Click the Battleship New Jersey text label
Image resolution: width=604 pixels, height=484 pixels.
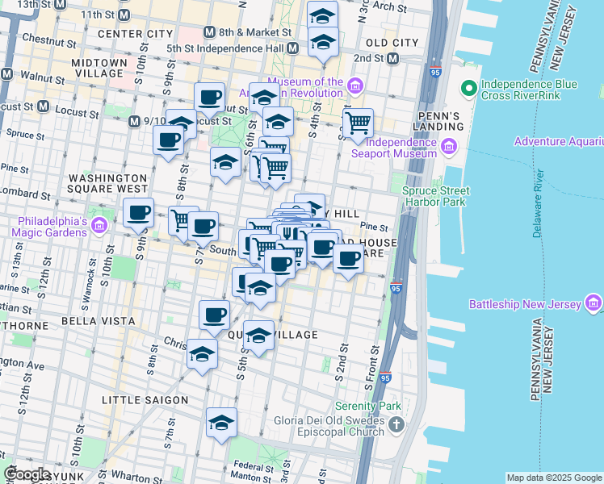pyautogui.click(x=525, y=304)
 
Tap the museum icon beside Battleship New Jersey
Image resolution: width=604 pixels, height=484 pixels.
pyautogui.click(x=594, y=303)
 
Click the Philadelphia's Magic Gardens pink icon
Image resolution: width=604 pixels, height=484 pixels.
pyautogui.click(x=99, y=223)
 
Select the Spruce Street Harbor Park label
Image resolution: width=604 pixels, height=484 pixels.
pyautogui.click(x=436, y=196)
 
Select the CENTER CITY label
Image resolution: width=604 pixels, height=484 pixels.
pyautogui.click(x=135, y=34)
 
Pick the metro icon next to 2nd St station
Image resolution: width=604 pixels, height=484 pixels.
pyautogui.click(x=392, y=59)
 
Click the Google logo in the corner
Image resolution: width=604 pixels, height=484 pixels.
pyautogui.click(x=27, y=474)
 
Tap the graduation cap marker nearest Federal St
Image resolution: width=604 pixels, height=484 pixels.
pyautogui.click(x=221, y=423)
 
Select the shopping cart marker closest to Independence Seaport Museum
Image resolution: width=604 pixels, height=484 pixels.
pyautogui.click(x=357, y=123)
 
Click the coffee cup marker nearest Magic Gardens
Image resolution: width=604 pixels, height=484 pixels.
pyautogui.click(x=138, y=213)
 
